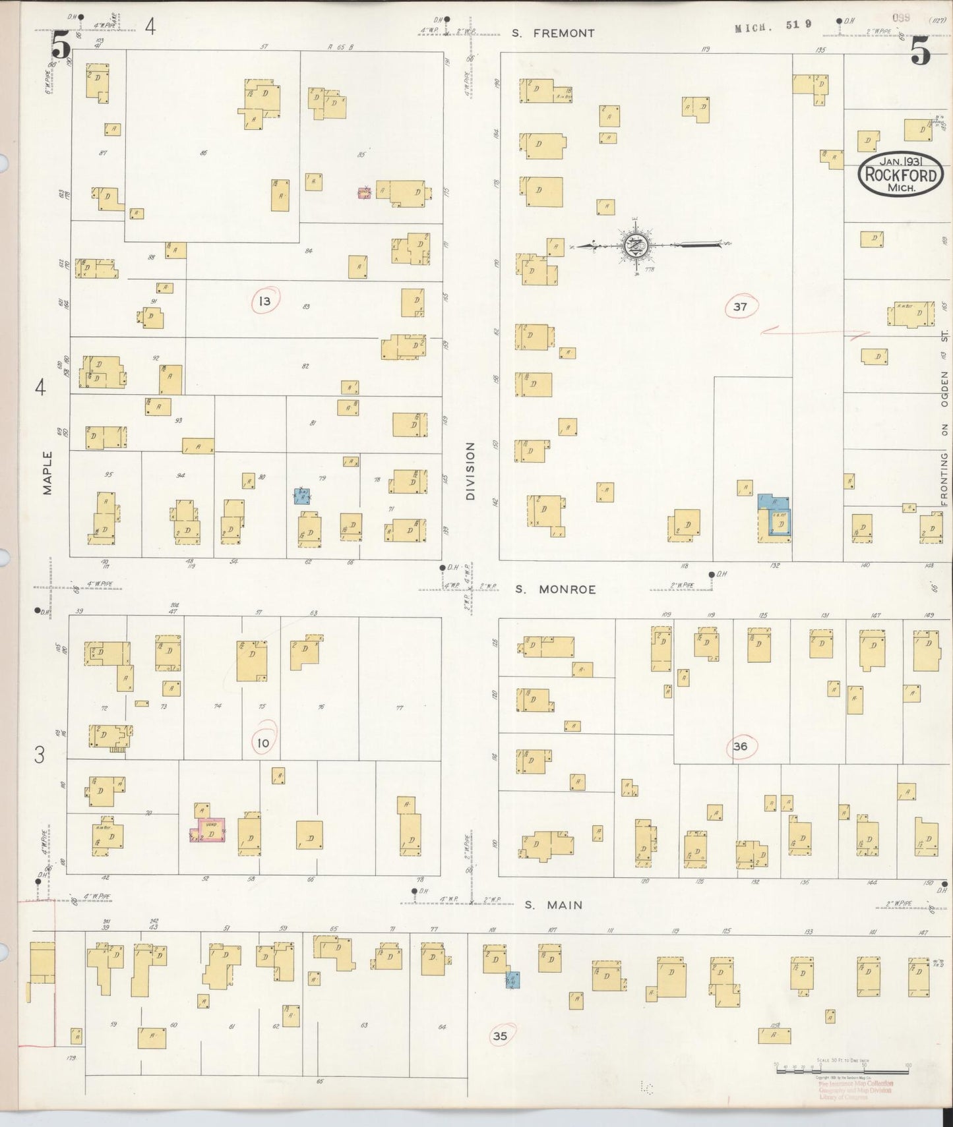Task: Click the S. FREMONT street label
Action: point(554,33)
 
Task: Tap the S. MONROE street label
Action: point(555,589)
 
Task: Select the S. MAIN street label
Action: point(553,905)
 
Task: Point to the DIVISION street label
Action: point(470,471)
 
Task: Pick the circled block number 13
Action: point(264,302)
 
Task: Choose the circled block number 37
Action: point(740,306)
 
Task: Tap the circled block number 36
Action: point(740,746)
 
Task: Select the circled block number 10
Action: point(263,743)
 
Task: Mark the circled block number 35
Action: point(501,1036)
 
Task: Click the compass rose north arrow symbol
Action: point(636,245)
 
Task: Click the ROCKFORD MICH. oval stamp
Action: point(900,175)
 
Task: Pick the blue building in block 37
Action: point(776,517)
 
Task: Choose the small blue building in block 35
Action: point(512,980)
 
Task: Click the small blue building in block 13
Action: point(302,496)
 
